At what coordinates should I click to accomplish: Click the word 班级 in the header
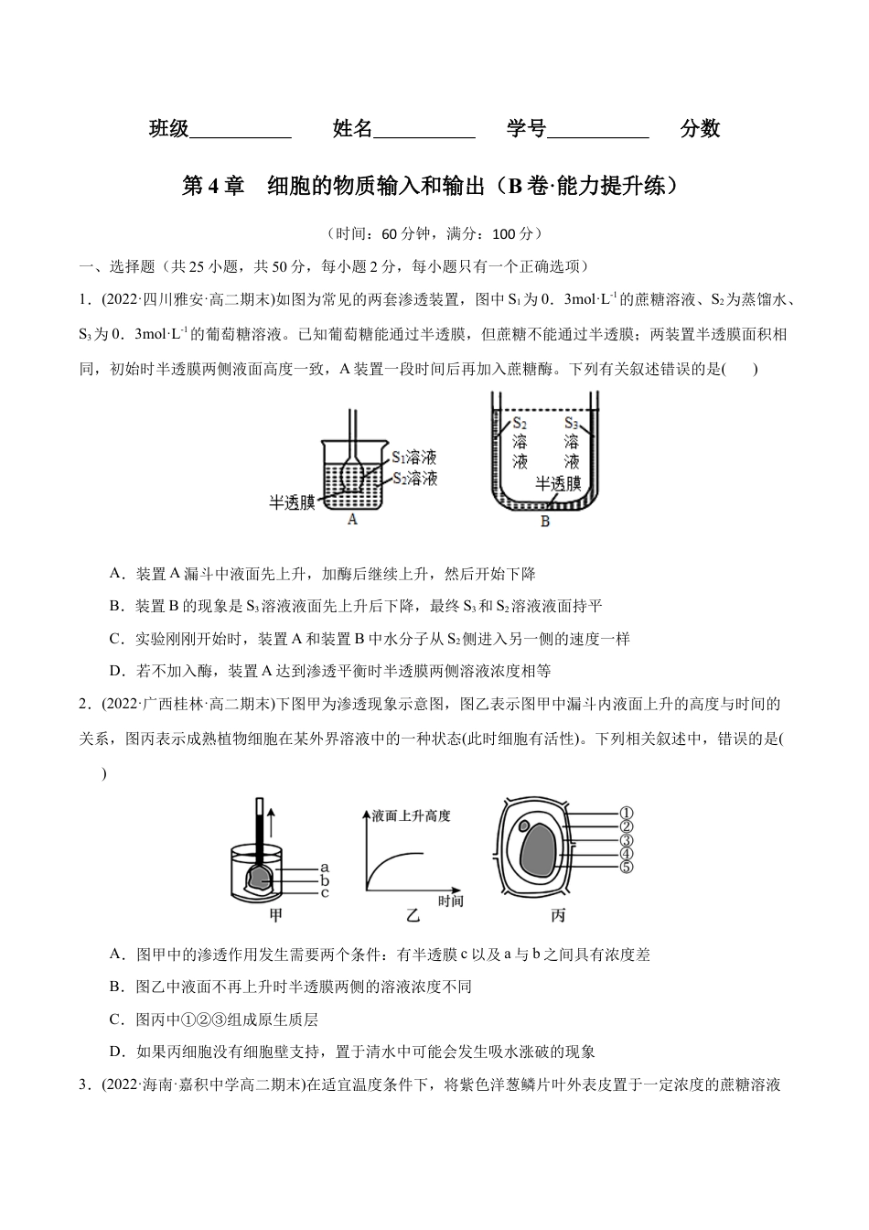click(168, 130)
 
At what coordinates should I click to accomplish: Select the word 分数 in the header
click(700, 130)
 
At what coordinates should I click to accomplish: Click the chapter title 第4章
click(214, 186)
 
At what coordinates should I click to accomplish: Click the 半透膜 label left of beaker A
click(292, 502)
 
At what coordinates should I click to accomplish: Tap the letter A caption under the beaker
click(353, 520)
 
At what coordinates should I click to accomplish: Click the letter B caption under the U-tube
click(545, 522)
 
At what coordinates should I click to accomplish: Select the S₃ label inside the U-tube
click(572, 423)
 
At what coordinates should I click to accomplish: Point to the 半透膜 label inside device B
click(558, 483)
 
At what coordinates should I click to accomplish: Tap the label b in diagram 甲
click(324, 879)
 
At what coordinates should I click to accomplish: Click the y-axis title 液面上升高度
click(411, 815)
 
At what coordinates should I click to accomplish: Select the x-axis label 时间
click(450, 901)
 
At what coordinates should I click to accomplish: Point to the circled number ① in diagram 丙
click(627, 813)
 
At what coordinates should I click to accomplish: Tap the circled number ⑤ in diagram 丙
click(627, 868)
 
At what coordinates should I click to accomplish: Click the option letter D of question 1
click(115, 671)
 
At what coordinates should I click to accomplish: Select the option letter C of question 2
click(115, 1020)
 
